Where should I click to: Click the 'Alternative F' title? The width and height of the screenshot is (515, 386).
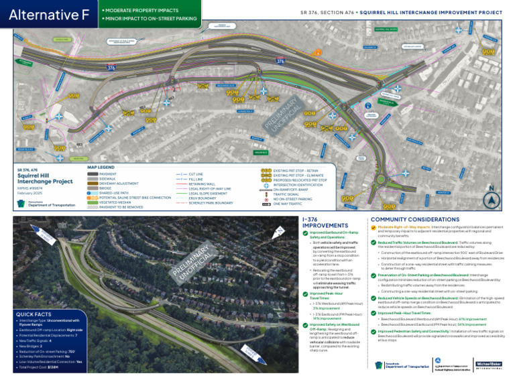[49, 15]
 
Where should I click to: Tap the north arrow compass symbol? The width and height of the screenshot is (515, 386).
[491, 199]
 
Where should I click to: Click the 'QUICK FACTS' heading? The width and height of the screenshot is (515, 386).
[34, 314]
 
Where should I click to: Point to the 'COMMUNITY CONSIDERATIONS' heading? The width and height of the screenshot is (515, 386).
[415, 219]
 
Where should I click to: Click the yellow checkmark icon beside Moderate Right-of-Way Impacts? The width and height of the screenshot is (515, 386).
[373, 227]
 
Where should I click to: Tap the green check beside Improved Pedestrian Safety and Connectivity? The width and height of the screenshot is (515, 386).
[373, 331]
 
